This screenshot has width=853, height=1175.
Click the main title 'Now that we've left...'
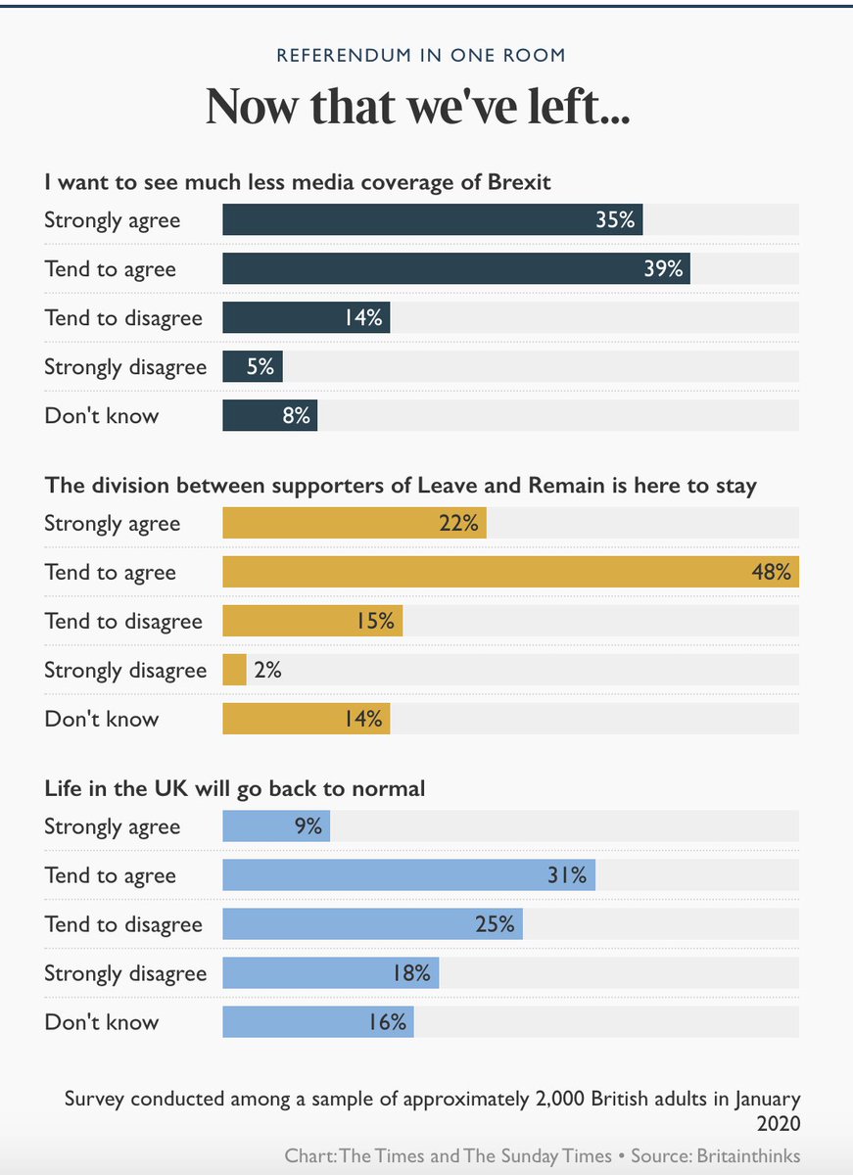pyautogui.click(x=417, y=106)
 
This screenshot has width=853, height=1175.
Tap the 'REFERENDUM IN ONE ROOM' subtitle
pyautogui.click(x=421, y=55)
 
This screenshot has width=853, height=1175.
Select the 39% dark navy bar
pyautogui.click(x=455, y=268)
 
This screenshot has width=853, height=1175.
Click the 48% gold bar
pyautogui.click(x=509, y=572)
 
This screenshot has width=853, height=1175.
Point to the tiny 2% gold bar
pyautogui.click(x=234, y=670)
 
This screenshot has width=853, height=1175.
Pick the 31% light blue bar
pyautogui.click(x=408, y=875)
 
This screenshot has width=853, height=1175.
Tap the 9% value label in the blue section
pyautogui.click(x=308, y=826)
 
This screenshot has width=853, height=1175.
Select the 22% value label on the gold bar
pyautogui.click(x=458, y=523)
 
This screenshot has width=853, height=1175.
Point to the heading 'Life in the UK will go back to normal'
pyautogui.click(x=234, y=788)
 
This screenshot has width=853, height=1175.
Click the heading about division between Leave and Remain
pyautogui.click(x=401, y=485)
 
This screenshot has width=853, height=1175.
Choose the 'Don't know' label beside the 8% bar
pyautogui.click(x=102, y=415)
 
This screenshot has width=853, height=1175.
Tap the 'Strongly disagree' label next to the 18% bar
pyautogui.click(x=125, y=973)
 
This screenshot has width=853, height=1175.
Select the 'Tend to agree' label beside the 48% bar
pyautogui.click(x=110, y=572)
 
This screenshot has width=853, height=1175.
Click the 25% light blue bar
pyautogui.click(x=372, y=924)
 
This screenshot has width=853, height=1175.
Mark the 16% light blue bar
pyautogui.click(x=318, y=1022)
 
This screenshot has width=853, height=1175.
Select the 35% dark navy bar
pyautogui.click(x=432, y=219)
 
